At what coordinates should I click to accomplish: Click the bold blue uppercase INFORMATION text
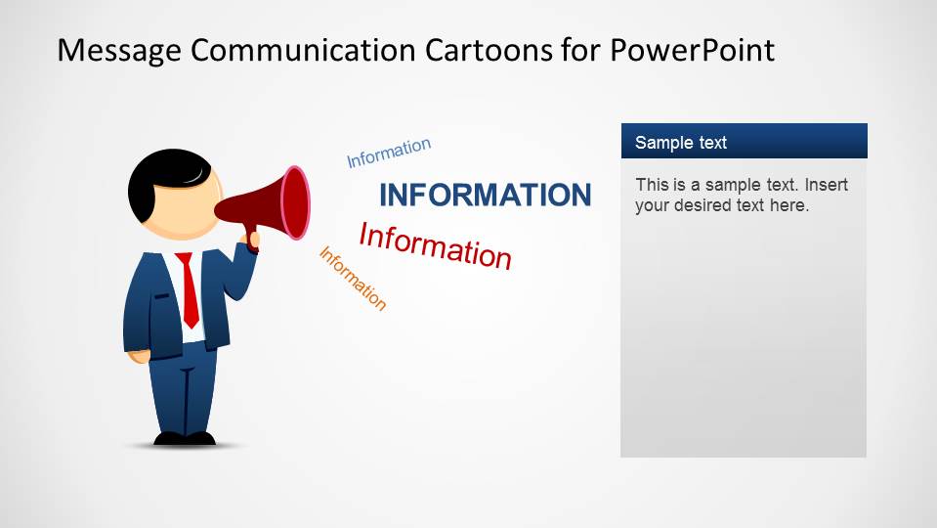(485, 196)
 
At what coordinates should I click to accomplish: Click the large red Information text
(435, 245)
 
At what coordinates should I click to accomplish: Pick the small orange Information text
(353, 278)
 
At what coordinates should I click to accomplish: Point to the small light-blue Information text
(389, 153)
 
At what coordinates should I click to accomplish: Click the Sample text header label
(681, 143)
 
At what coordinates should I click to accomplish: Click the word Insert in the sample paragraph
(827, 185)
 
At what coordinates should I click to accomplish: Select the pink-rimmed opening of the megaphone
(295, 203)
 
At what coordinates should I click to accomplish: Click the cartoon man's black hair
(156, 181)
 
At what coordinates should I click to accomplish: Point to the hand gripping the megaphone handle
(251, 239)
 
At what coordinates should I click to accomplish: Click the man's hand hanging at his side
(141, 355)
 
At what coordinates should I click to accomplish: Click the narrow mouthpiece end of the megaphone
(223, 209)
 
